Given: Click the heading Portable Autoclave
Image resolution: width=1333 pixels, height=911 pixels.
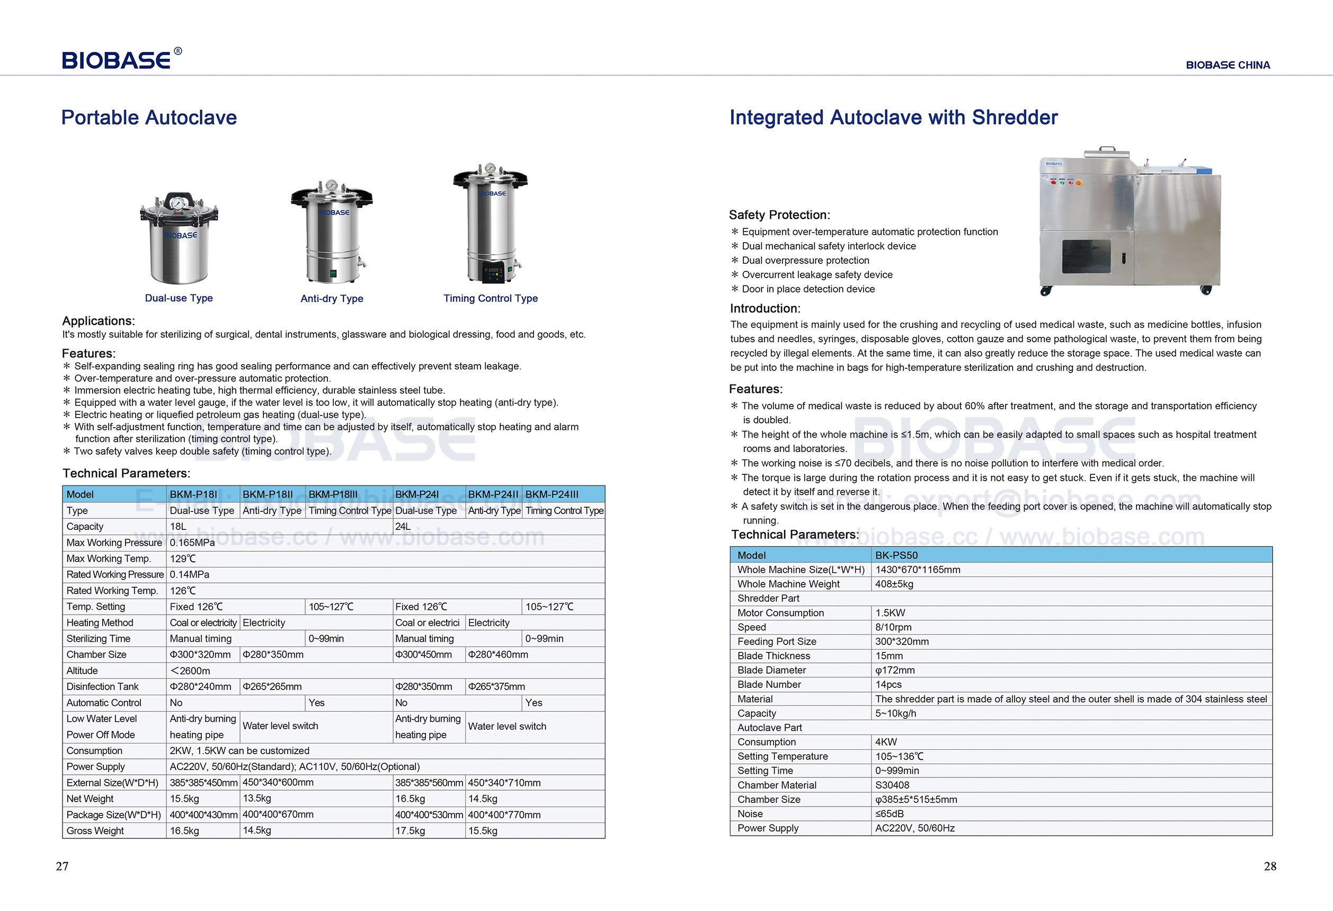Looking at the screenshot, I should coord(148,118).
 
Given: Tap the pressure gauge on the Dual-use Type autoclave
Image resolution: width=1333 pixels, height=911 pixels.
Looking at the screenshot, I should coord(178,204).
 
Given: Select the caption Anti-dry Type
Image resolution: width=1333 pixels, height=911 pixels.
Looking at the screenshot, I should coord(332,298).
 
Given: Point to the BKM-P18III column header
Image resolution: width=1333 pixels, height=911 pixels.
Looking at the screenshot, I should coord(333,494).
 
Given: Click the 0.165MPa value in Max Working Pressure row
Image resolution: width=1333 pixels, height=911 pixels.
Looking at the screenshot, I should coord(192,543).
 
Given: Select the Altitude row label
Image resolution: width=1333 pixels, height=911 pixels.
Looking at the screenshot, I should coord(82,670).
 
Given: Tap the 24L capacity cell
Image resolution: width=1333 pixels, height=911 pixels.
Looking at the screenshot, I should coord(403,527).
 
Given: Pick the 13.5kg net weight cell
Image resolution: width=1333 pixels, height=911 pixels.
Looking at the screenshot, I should coord(256,799).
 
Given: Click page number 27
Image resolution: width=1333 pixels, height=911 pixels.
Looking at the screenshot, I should coord(62,866).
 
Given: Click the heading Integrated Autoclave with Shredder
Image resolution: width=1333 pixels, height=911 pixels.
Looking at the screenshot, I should coord(893,118).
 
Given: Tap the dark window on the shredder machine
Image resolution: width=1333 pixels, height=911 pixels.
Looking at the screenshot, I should coord(1086,257).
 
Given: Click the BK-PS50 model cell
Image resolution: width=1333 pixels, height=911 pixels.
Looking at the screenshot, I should coord(896,555).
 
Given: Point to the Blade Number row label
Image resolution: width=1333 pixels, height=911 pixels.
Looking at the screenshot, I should coord(769,684).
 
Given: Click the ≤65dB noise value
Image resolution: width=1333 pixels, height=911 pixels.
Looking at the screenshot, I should coord(889,813).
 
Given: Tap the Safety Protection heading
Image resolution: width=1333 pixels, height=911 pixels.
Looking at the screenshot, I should coord(779,215).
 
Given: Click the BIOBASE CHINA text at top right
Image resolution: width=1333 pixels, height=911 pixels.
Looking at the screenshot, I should coord(1228,65).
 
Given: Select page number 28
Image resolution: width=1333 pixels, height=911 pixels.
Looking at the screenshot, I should coord(1270,866).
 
